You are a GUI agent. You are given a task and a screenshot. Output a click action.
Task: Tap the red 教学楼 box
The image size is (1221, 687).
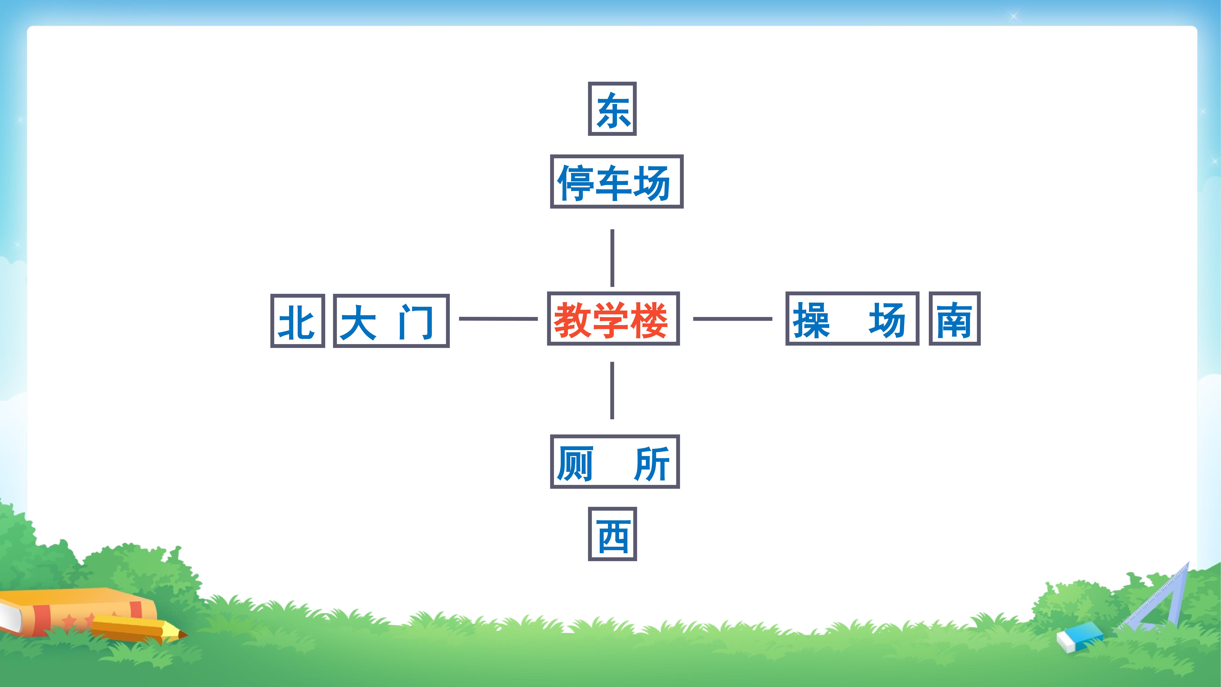(613, 319)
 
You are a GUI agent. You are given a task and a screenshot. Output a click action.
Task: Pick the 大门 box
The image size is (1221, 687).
(391, 321)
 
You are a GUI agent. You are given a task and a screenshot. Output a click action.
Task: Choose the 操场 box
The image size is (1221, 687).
(852, 319)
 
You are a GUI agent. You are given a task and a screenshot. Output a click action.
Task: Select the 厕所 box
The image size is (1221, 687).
(615, 462)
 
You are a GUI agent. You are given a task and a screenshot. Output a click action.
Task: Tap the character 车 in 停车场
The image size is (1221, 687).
(614, 183)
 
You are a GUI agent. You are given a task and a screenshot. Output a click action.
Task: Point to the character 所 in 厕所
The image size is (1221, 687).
(652, 464)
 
